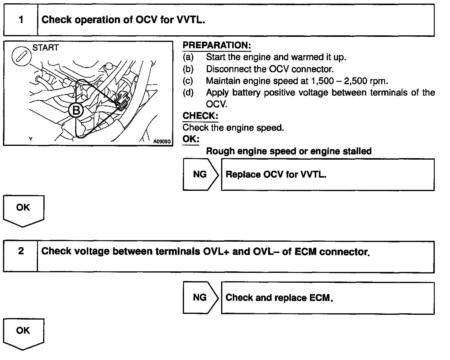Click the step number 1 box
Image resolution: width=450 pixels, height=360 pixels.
(21, 20)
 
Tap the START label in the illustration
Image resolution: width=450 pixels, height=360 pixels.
(45, 48)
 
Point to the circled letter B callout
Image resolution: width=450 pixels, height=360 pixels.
(76, 111)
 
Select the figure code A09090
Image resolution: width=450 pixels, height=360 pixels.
(162, 141)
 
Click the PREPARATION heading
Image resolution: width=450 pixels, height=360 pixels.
(217, 46)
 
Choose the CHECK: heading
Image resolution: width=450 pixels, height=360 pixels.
(200, 116)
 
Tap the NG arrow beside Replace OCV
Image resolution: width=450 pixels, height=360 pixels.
(200, 174)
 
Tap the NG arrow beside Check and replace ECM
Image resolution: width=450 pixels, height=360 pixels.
(200, 297)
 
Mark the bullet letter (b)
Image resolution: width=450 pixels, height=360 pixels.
(188, 69)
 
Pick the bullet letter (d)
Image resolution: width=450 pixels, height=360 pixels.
(188, 93)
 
